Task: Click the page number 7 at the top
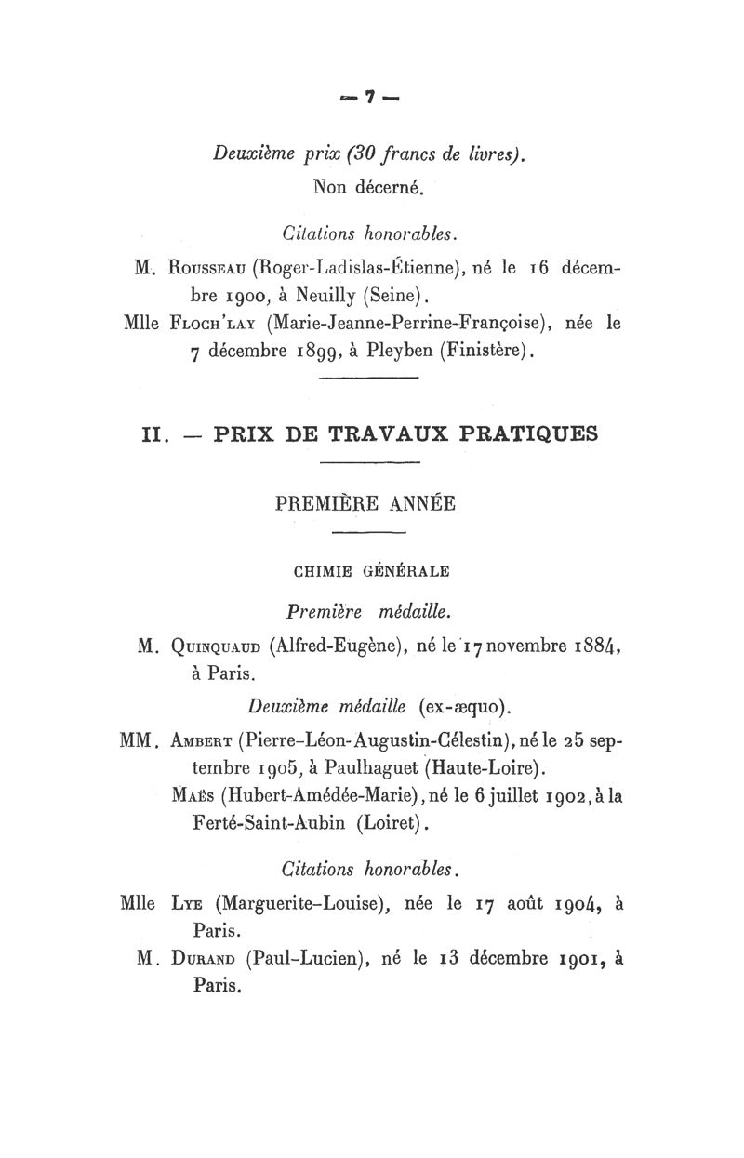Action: click(369, 96)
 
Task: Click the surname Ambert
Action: click(200, 740)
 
